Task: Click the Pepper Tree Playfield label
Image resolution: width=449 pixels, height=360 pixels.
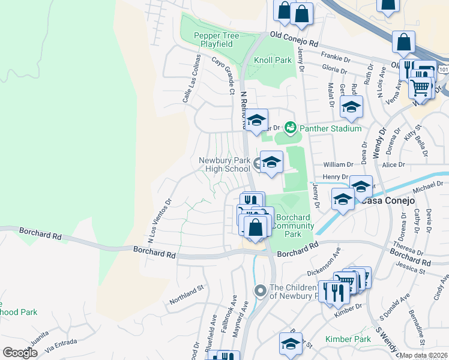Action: pos(216,40)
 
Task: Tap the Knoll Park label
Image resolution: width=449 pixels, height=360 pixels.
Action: pos(273,60)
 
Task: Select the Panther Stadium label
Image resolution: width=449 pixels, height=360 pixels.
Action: pos(330,128)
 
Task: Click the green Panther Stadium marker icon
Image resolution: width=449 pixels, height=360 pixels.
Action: pos(291,128)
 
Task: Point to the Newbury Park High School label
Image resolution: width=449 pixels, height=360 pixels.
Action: pos(223,164)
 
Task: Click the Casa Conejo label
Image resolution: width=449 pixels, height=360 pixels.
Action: pos(389,200)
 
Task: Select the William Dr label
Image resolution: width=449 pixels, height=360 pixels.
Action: pos(337,164)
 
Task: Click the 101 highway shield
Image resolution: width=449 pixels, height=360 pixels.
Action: pos(443,70)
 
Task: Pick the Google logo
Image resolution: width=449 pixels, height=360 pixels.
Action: pos(20,353)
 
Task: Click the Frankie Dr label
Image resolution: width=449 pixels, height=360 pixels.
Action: pos(335,56)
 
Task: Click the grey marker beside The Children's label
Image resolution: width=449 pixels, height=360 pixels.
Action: pos(261,291)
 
